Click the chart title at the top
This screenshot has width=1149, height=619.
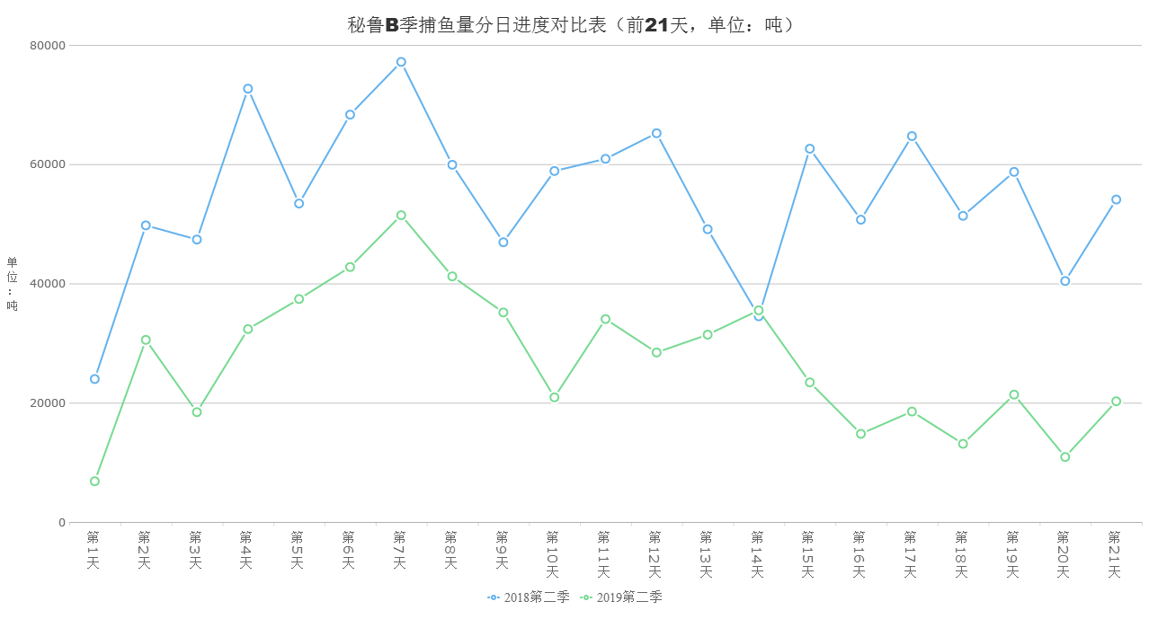point(573,25)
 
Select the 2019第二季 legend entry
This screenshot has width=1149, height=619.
point(622,597)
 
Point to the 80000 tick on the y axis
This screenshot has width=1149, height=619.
point(49,45)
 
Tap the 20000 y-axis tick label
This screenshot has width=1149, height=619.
point(49,403)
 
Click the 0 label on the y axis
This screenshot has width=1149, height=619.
point(62,523)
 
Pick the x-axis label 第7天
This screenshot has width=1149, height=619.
point(401,550)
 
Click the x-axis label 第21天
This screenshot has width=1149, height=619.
point(1116,554)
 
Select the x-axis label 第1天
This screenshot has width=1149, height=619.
point(94,550)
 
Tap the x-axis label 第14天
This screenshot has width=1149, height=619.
point(758,554)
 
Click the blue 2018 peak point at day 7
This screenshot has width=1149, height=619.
point(401,62)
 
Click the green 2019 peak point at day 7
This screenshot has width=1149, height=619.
point(401,216)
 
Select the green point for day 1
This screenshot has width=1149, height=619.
point(94,482)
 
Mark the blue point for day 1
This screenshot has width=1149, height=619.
point(94,379)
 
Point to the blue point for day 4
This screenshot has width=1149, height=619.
point(248,89)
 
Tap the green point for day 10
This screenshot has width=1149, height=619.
point(555,397)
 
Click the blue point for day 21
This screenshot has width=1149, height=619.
point(1116,199)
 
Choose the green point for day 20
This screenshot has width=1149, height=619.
point(1065,457)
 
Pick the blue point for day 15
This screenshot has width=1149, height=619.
point(810,149)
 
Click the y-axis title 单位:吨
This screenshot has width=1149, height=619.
point(13,284)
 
